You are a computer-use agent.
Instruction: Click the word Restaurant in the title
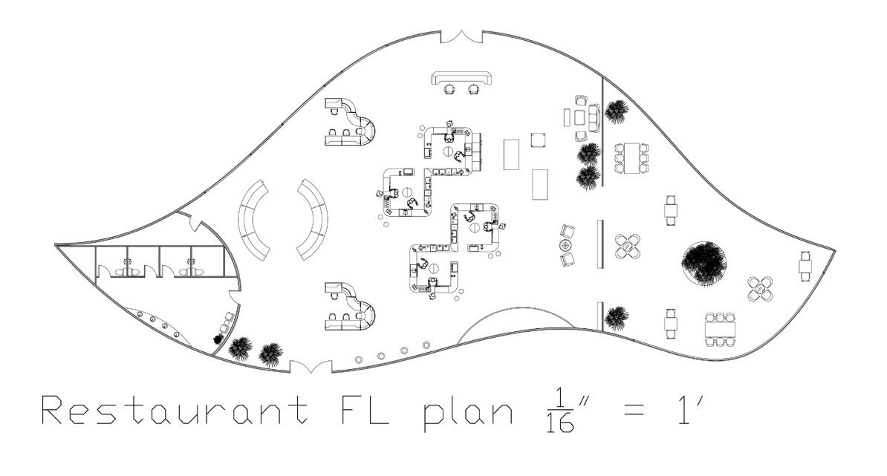[x=175, y=411]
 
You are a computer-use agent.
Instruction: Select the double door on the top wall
[x=462, y=36]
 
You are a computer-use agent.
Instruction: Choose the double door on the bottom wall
[x=311, y=366]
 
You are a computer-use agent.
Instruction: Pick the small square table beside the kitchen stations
[x=539, y=140]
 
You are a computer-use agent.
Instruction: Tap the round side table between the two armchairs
[x=566, y=245]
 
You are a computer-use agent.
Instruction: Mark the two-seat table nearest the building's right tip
[x=805, y=266]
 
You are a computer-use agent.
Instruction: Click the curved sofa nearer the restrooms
[x=258, y=220]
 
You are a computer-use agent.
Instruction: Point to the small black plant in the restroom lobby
[x=218, y=339]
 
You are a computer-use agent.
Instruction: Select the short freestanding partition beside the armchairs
[x=600, y=244]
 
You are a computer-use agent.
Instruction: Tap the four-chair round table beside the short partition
[x=628, y=246]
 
